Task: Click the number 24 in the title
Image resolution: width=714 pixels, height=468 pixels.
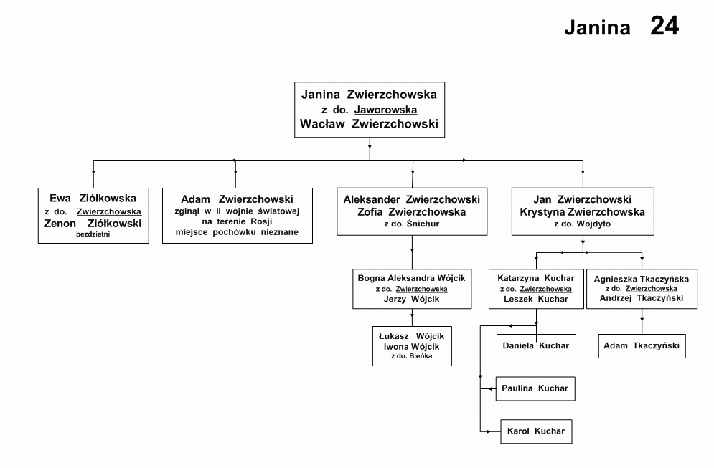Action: [x=664, y=26]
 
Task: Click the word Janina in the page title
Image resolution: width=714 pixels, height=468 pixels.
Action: [x=598, y=28]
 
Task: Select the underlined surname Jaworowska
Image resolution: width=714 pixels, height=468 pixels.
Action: [x=385, y=110]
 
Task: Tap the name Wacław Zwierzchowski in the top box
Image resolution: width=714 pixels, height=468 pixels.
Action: [x=370, y=124]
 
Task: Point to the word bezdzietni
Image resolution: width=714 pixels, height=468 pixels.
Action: [x=93, y=234]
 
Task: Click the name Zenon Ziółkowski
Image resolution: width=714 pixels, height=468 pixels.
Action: [x=93, y=224]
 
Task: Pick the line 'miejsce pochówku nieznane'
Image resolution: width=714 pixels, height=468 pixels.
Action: [x=237, y=232]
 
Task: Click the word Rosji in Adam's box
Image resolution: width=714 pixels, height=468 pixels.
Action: [x=261, y=221]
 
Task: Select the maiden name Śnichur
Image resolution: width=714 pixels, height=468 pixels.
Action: [x=423, y=224]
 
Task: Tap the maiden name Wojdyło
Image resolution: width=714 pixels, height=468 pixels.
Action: [x=595, y=224]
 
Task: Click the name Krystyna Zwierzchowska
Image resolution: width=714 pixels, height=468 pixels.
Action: [x=583, y=212]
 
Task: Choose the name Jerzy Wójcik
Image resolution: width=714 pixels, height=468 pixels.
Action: [x=412, y=299]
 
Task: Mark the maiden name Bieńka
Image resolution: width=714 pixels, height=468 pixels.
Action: [x=421, y=355]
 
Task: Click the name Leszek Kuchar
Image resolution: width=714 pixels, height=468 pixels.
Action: [x=536, y=299]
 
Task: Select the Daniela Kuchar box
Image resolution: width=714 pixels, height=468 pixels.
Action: [x=536, y=346]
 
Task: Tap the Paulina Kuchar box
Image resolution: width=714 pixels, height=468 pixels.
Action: [x=535, y=389]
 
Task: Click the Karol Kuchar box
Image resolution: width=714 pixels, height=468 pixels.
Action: [x=536, y=431]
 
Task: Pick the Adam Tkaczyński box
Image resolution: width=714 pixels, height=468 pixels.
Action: [x=642, y=346]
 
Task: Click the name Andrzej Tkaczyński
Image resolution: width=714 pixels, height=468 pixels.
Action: [x=642, y=298]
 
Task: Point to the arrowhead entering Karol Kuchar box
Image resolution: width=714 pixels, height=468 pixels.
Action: [x=489, y=431]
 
